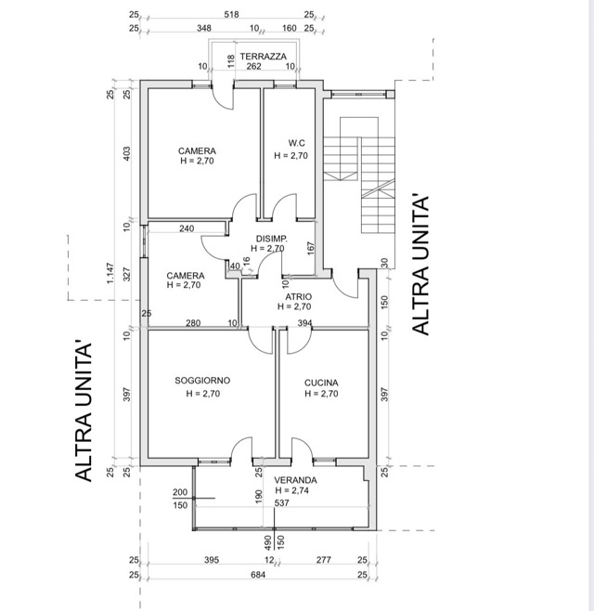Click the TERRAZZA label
[x=263, y=57]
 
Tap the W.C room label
[x=296, y=143]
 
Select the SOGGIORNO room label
[x=202, y=381]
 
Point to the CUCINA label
[x=321, y=383]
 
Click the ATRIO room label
[x=298, y=297]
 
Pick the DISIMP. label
[x=272, y=239]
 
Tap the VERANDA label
[x=295, y=480]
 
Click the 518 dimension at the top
[x=231, y=15]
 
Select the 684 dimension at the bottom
[x=258, y=575]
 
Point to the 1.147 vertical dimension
[x=110, y=273]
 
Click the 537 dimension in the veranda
[x=281, y=503]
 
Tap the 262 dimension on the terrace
[x=253, y=66]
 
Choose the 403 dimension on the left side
[x=127, y=154]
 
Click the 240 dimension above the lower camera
[x=187, y=228]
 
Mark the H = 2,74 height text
[x=291, y=490]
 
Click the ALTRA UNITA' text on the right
[x=420, y=266]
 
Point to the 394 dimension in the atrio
[x=305, y=323]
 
